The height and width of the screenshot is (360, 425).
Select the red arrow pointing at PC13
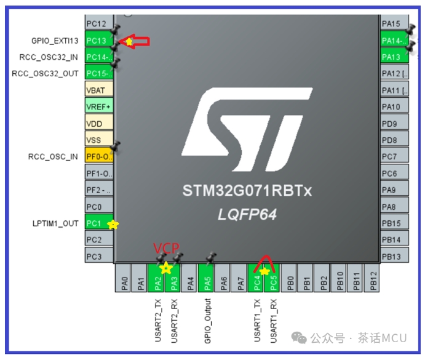pyautogui.click(x=137, y=41)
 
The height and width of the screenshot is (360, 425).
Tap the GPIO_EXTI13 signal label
pyautogui.click(x=55, y=41)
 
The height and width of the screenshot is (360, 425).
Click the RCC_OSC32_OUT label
pyautogui.click(x=45, y=74)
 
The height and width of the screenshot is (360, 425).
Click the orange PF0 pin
pyautogui.click(x=98, y=156)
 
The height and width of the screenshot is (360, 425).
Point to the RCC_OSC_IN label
pyautogui.click(x=53, y=156)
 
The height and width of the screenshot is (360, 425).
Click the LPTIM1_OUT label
pyautogui.click(x=55, y=223)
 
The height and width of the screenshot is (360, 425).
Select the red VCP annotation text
pyautogui.click(x=166, y=248)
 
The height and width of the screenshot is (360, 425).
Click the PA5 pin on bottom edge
pyautogui.click(x=208, y=278)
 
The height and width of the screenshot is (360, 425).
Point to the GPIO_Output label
pyautogui.click(x=208, y=321)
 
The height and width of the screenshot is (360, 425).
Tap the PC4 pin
pyautogui.click(x=257, y=278)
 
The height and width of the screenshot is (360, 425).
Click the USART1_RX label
pyautogui.click(x=274, y=321)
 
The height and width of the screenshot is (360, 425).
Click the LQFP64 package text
pyautogui.click(x=247, y=215)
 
